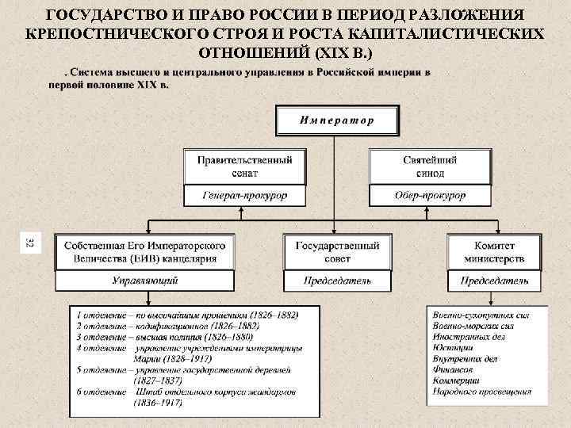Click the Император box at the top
click(337, 121)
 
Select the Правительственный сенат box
click(244, 166)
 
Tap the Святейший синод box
click(429, 166)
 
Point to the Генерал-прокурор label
click(244, 195)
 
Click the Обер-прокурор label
click(429, 195)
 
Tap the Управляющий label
click(145, 281)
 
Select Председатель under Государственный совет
click(338, 281)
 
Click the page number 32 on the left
click(29, 243)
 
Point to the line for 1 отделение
click(187, 315)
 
